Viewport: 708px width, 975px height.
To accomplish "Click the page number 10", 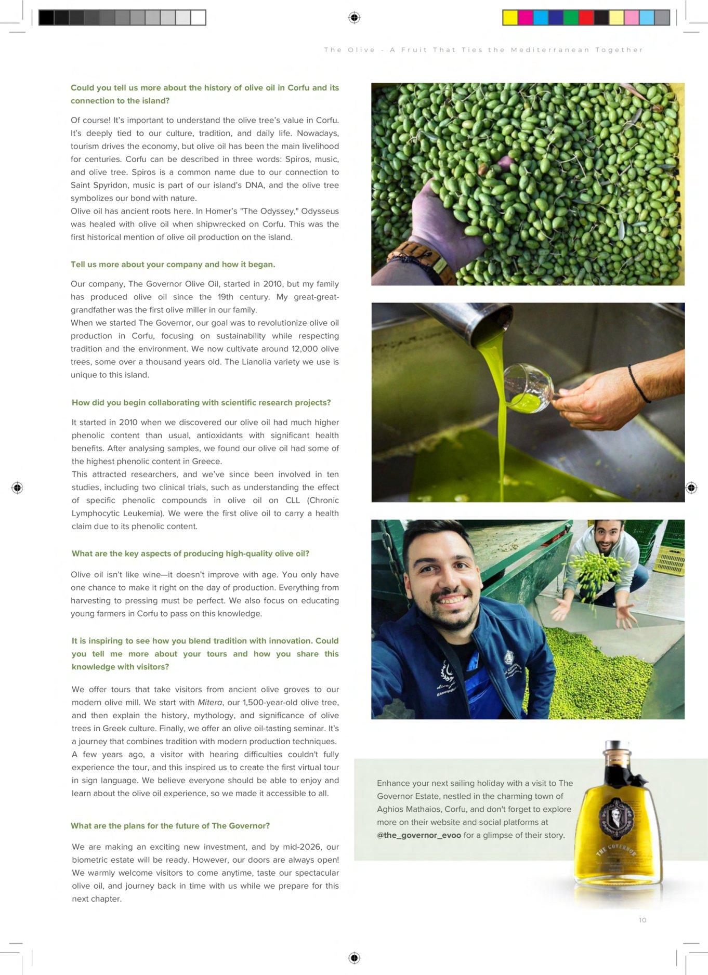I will coord(643,920).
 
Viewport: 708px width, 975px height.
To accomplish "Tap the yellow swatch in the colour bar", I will coord(510,18).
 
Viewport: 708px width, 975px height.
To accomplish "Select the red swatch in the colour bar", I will coord(586,18).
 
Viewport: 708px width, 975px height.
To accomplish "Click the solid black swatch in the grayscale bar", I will coord(46,18).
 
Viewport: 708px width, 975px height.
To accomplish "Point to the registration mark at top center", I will coord(354,18).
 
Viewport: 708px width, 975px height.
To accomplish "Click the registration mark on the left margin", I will coord(17,487).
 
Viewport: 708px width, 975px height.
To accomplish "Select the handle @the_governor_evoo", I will coord(419,835).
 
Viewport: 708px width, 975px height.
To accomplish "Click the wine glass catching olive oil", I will coord(527,388).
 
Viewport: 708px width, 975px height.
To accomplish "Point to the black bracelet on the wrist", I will coord(638,383).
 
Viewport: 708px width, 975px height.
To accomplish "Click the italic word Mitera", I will coord(210,703).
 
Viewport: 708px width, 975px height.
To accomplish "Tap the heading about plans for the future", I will coord(170,826).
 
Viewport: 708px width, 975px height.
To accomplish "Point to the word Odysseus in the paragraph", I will coord(320,211).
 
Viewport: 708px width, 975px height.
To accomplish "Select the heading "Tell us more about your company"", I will coord(173,265).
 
